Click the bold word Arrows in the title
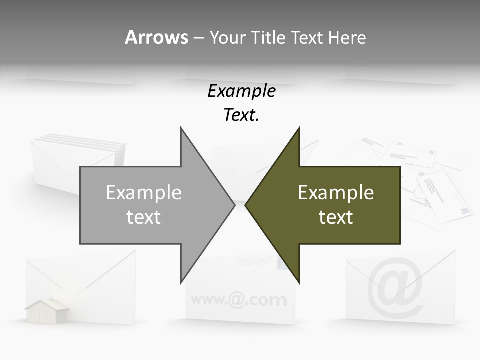(156, 37)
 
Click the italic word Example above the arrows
(241, 91)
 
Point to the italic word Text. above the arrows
(241, 115)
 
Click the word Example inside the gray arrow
(143, 192)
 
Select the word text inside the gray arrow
(143, 217)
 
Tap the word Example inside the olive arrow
(336, 192)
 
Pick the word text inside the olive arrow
(336, 217)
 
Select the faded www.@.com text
(239, 300)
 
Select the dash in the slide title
(198, 38)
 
